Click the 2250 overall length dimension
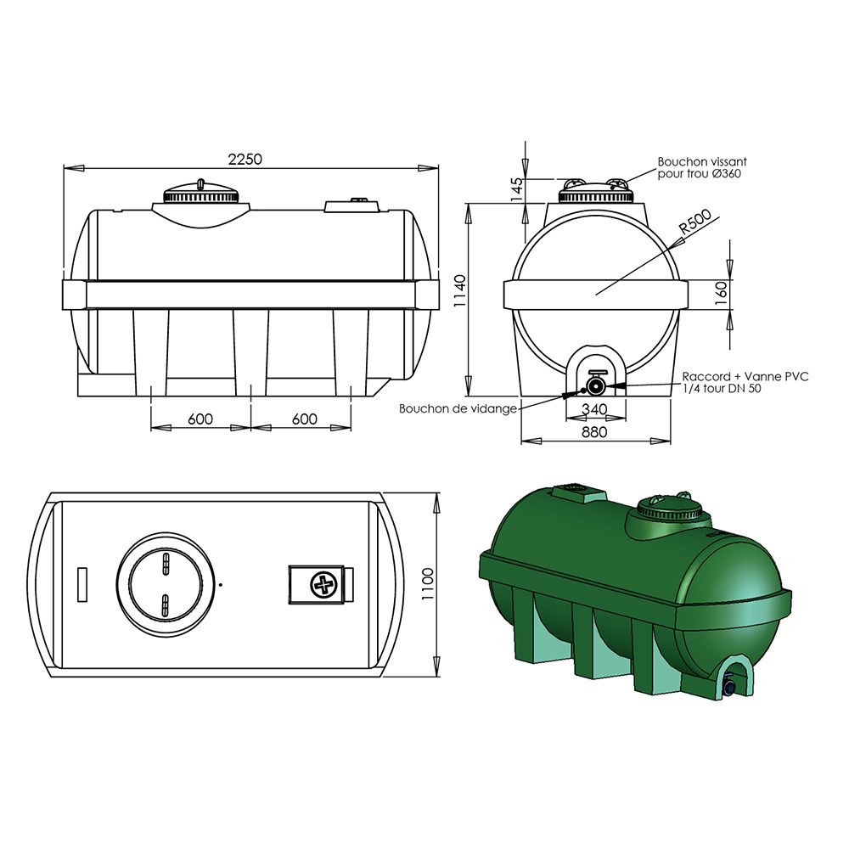point(245,159)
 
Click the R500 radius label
point(694,223)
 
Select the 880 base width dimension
point(595,432)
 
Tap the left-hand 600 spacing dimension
point(200,419)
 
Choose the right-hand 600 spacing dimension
point(303,419)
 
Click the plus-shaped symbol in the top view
point(323,584)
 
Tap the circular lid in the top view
point(166,584)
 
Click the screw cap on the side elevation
point(201,194)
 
